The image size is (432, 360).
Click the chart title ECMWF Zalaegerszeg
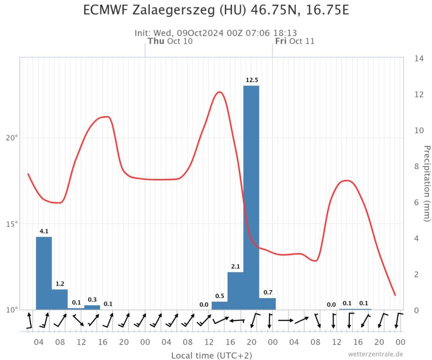(216, 10)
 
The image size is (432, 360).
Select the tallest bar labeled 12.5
(251, 197)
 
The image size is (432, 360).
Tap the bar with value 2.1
(235, 291)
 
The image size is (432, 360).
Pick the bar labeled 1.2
(60, 300)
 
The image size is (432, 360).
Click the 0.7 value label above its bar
(268, 292)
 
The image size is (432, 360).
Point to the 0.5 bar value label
(220, 296)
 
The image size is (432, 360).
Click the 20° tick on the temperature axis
(12, 138)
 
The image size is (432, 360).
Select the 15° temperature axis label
(12, 224)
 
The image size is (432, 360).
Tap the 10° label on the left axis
(12, 310)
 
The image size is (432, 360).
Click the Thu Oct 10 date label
(170, 41)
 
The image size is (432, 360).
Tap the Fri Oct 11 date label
(295, 41)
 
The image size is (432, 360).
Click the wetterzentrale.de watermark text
(375, 354)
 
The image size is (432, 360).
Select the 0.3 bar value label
(92, 300)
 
